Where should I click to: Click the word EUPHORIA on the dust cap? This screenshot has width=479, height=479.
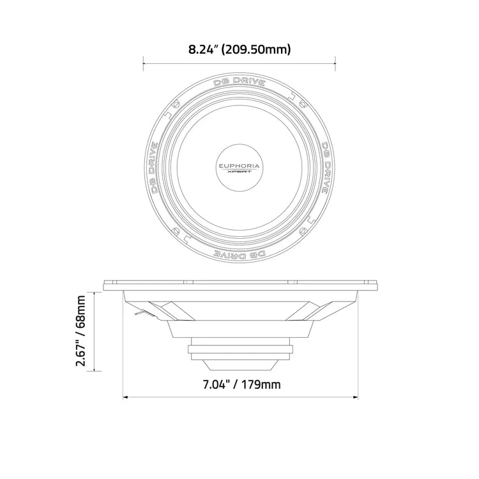pyautogui.click(x=240, y=163)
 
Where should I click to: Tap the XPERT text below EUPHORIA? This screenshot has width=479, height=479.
pyautogui.click(x=240, y=171)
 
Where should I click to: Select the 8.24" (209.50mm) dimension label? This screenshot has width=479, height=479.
pyautogui.click(x=240, y=49)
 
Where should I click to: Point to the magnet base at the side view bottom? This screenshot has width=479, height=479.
pyautogui.click(x=240, y=365)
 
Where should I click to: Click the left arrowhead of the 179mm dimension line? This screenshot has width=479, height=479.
pyautogui.click(x=125, y=397)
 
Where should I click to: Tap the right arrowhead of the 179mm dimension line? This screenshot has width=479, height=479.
pyautogui.click(x=356, y=397)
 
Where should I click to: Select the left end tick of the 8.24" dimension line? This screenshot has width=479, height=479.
pyautogui.click(x=143, y=63)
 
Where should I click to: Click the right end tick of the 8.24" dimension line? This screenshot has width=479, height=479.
pyautogui.click(x=336, y=63)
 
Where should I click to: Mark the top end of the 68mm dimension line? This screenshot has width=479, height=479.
pyautogui.click(x=96, y=293)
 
